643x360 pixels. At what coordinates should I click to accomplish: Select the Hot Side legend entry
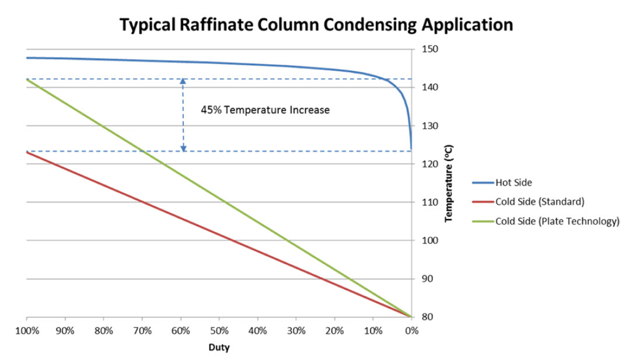[x=513, y=183]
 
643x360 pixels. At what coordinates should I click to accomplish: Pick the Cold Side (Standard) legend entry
[x=540, y=202]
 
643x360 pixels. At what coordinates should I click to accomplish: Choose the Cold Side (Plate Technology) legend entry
[x=557, y=221]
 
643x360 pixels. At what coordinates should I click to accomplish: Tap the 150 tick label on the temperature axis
[x=425, y=49]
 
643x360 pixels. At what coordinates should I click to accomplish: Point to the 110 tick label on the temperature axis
[x=425, y=202]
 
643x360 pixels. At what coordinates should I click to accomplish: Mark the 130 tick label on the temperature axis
[x=425, y=126]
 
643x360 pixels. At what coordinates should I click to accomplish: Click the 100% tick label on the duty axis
[x=27, y=331]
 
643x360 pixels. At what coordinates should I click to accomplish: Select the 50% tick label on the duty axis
[x=219, y=331]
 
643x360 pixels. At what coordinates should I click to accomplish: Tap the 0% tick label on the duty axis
[x=411, y=331]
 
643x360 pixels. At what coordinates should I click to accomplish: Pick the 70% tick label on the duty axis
[x=142, y=331]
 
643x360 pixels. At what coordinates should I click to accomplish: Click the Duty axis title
[x=219, y=348]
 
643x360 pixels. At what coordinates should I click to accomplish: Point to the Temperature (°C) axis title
[x=449, y=183]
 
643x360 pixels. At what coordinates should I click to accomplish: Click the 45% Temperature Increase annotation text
[x=265, y=110]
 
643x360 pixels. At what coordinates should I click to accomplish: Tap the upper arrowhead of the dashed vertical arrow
[x=183, y=81]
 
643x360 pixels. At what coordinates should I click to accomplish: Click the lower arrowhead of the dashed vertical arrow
[x=183, y=149]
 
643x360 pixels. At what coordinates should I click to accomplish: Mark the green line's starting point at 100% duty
[x=27, y=79]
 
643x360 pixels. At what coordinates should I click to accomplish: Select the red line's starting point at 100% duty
[x=27, y=152]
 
